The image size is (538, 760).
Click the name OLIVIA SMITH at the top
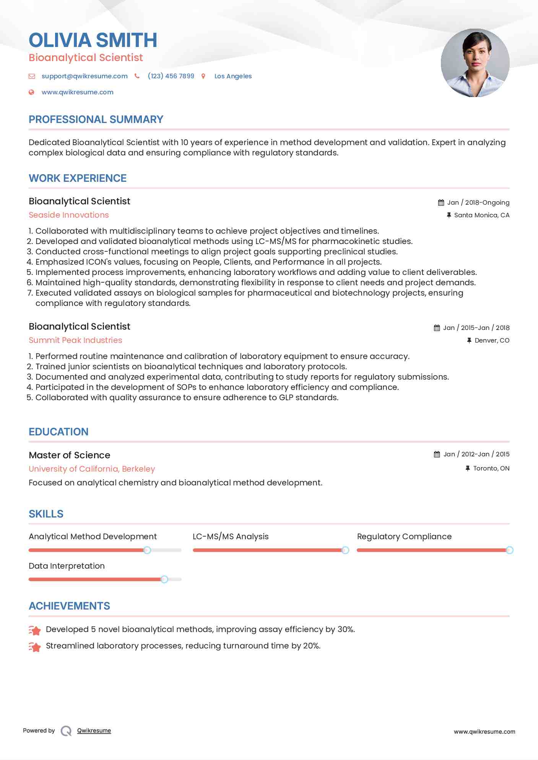pos(93,40)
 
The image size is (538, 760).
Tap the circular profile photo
pos(475,63)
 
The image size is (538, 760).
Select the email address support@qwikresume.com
pos(85,76)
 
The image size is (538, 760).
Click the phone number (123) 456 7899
pos(171,76)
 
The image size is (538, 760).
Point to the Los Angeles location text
pos(233,76)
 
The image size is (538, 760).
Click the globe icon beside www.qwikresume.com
pos(32,92)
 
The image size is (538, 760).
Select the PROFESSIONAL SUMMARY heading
pos(96,120)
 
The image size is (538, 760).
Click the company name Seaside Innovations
pos(69,215)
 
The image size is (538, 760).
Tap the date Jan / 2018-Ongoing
pos(478,202)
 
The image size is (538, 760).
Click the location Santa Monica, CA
pos(481,215)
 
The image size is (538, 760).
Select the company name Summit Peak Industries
pos(75,340)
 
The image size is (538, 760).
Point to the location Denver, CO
pos(492,340)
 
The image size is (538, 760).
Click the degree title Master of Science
pos(70,455)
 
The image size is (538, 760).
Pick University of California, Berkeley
pos(92,469)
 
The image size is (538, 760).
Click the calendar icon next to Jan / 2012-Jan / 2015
pos(437,454)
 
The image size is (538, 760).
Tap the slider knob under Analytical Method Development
pos(147,550)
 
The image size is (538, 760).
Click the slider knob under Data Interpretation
pos(164,579)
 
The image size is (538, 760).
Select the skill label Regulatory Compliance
pos(404,537)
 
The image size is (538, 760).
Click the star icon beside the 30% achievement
pos(35,630)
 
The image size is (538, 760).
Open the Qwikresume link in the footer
pos(94,731)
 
